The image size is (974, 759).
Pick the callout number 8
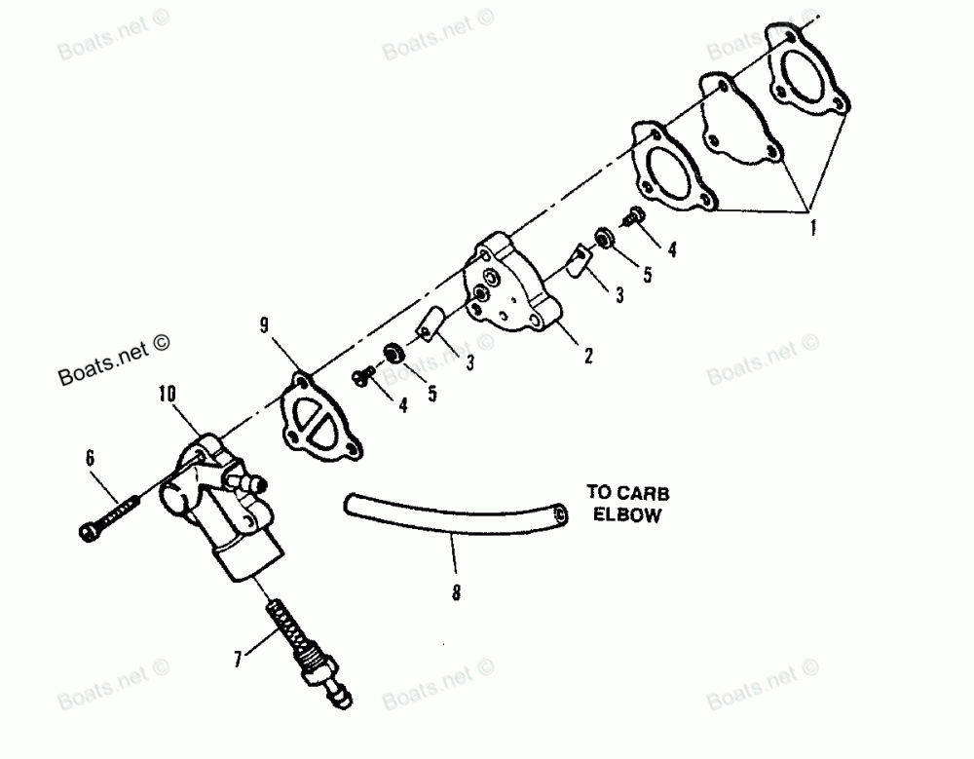(457, 589)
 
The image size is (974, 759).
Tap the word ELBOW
(628, 516)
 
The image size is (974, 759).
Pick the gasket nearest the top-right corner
(805, 73)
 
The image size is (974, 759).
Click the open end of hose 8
(559, 512)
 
